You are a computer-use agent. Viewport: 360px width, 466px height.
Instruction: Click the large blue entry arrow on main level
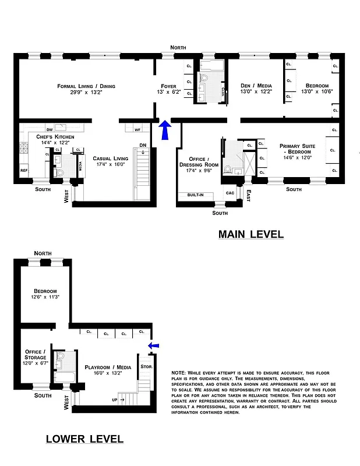[x=165, y=130]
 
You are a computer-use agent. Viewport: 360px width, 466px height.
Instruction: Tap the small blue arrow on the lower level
[x=153, y=346]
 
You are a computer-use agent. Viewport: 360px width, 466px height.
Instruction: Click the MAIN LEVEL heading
[x=250, y=234]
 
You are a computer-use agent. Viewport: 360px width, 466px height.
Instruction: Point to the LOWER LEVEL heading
[x=84, y=439]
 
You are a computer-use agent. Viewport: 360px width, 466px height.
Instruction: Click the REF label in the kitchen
[x=24, y=171]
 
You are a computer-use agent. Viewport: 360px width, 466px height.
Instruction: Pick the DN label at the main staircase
[x=142, y=146]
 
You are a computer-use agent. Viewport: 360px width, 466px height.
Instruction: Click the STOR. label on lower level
[x=146, y=367]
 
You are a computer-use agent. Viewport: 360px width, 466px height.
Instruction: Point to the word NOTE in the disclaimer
[x=178, y=372]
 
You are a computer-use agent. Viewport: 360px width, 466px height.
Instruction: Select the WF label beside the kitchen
[x=138, y=129]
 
